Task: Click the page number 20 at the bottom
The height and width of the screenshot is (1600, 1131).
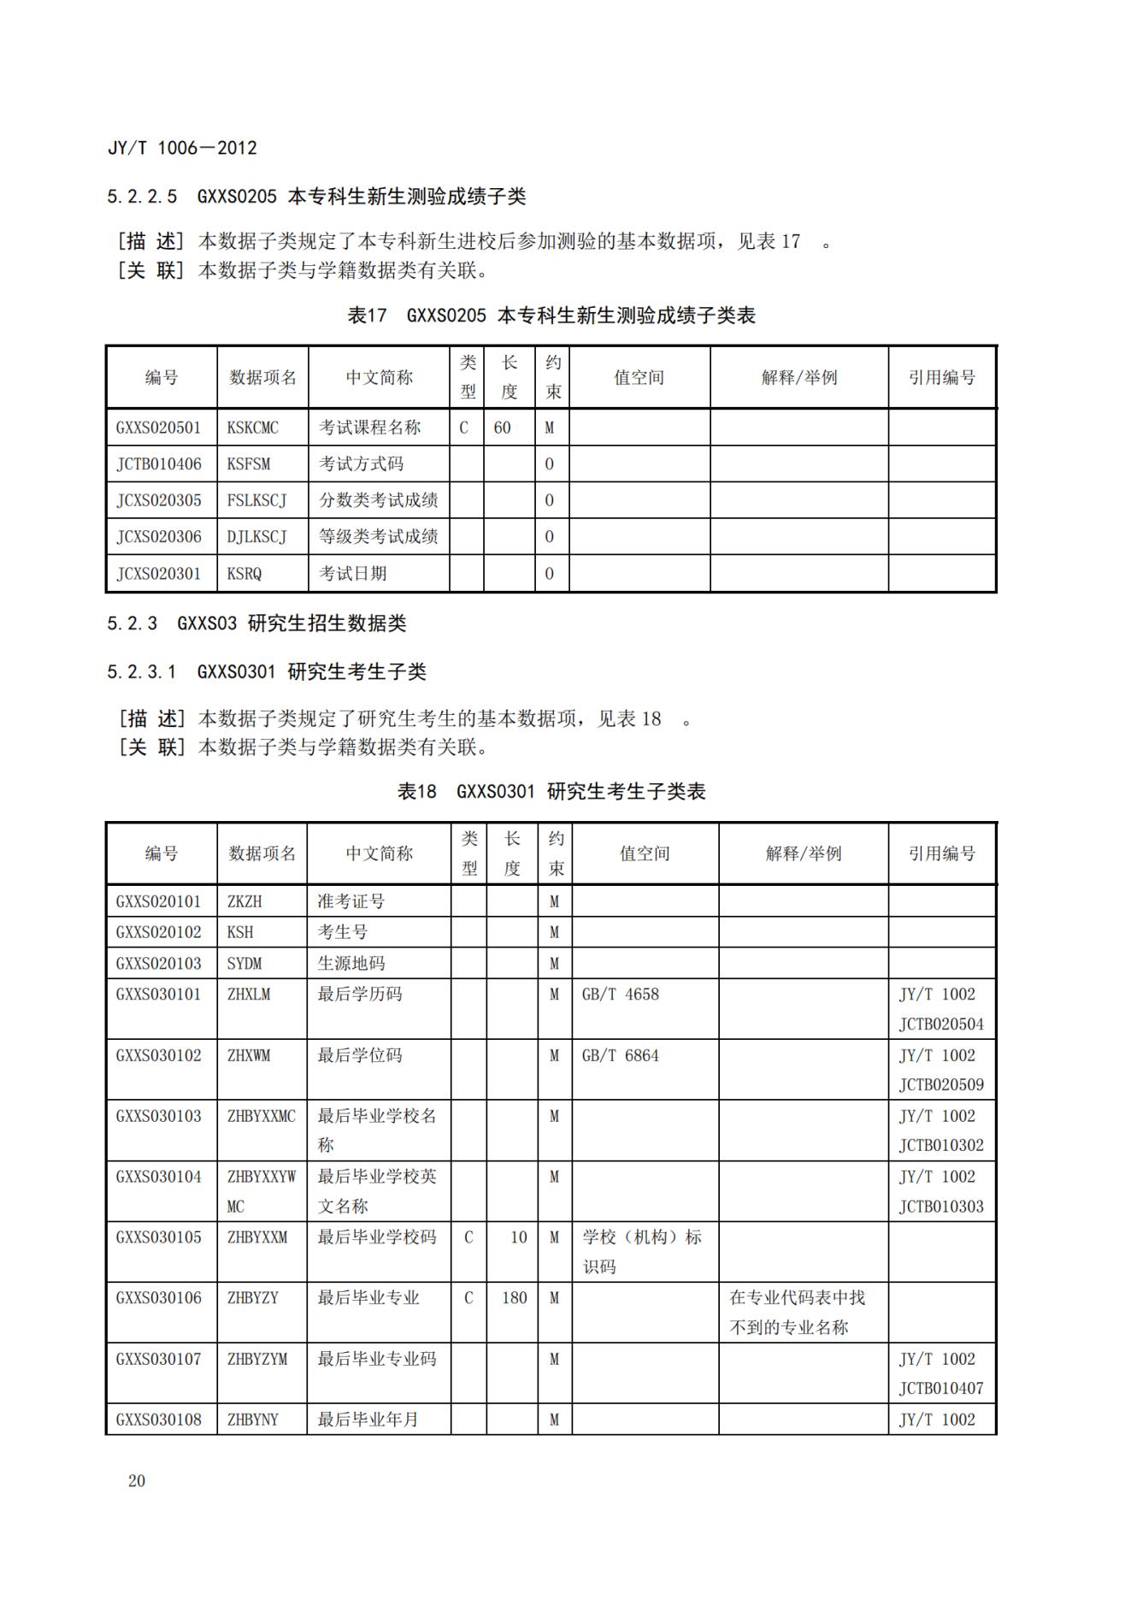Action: [137, 1481]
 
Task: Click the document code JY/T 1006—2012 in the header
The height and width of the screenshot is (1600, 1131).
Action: [182, 148]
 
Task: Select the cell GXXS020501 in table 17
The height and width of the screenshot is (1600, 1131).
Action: [159, 428]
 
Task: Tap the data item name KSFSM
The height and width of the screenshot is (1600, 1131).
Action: [249, 464]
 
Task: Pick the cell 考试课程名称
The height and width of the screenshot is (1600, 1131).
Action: [370, 428]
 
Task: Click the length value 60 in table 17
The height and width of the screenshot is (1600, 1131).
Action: [503, 428]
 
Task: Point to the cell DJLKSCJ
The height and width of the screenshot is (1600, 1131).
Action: [256, 537]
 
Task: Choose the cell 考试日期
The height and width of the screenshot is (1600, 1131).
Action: [353, 574]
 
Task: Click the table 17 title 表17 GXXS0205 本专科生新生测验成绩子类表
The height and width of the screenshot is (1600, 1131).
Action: [551, 316]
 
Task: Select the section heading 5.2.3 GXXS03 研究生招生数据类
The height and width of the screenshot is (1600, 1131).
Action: [256, 623]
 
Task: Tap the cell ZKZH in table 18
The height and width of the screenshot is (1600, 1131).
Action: [244, 901]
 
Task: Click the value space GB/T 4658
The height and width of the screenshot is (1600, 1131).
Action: [621, 995]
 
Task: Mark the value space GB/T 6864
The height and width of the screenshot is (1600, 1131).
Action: [621, 1055]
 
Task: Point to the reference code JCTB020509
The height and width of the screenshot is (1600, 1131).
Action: [941, 1085]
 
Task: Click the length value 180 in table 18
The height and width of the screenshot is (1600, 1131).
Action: [515, 1298]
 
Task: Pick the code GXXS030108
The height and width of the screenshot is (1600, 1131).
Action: [159, 1420]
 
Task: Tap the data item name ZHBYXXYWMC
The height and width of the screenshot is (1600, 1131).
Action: [262, 1191]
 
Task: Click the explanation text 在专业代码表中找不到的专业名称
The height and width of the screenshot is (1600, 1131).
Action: [798, 1313]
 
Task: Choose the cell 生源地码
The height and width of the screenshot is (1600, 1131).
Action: [351, 964]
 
